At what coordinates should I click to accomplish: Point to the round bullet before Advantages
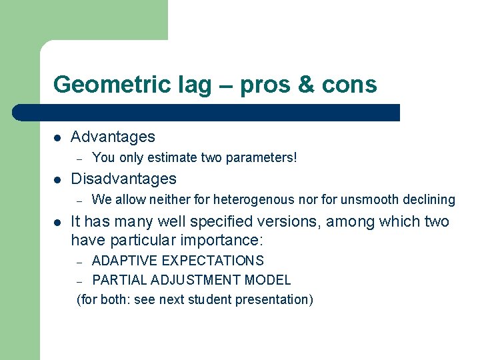58,137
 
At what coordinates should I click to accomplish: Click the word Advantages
113,137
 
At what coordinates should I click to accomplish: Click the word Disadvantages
123,179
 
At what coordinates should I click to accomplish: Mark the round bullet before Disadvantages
58,179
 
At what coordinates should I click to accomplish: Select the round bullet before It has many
58,222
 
